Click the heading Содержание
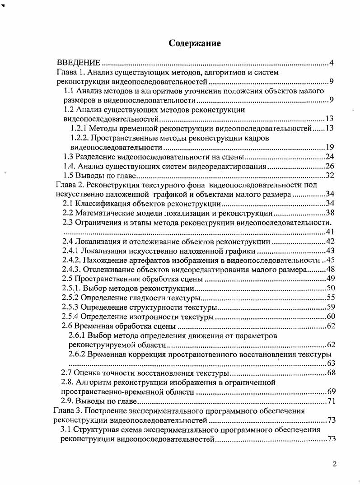[x=195, y=43]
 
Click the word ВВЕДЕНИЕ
[x=78, y=62]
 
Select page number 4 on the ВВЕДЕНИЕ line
[x=331, y=62]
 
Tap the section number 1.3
[x=69, y=157]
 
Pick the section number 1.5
[x=69, y=176]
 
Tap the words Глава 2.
[x=69, y=185]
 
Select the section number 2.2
[x=68, y=213]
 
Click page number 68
[x=331, y=373]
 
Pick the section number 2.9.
[x=68, y=401]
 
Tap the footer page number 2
[x=334, y=464]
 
